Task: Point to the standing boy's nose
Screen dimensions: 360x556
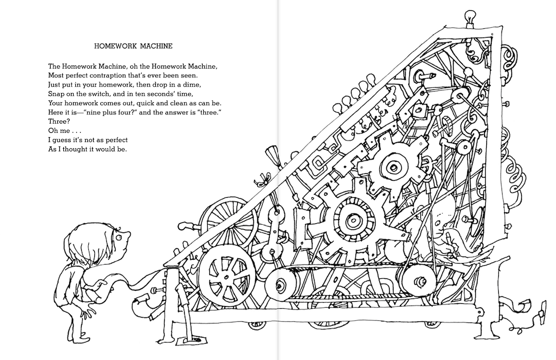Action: coord(129,235)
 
